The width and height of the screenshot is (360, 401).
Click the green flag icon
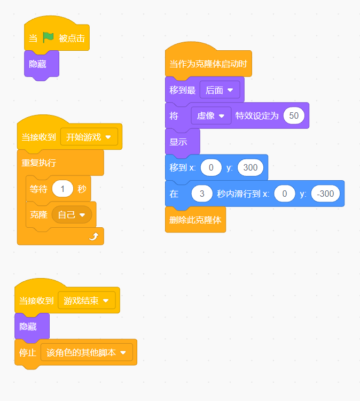tap(49, 38)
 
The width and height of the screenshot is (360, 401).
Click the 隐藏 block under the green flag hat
tap(38, 64)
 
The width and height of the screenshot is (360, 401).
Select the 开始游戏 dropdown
tap(89, 137)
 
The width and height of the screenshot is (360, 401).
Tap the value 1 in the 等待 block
tap(63, 189)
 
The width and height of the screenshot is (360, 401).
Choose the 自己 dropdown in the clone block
tap(72, 215)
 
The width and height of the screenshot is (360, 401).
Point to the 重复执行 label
tap(39, 163)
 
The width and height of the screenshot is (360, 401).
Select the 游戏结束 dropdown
tap(87, 300)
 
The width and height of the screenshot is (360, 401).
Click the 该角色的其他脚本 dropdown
tap(87, 353)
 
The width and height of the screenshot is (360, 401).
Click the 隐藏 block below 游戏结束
tap(29, 326)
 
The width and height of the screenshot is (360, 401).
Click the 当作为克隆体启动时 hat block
tap(208, 64)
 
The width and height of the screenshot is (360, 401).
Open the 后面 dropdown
tap(220, 90)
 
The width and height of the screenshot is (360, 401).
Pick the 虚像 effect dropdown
tap(211, 115)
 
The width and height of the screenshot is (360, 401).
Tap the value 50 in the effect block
tap(294, 115)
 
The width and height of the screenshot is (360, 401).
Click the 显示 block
tap(178, 142)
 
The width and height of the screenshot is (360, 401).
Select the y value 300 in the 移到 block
tap(250, 167)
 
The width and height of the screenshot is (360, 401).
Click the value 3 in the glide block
tap(202, 194)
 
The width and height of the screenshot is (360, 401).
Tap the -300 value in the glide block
tap(325, 194)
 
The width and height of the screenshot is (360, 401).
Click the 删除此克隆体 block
tap(195, 219)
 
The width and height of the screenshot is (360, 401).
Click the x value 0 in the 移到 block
tap(212, 167)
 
